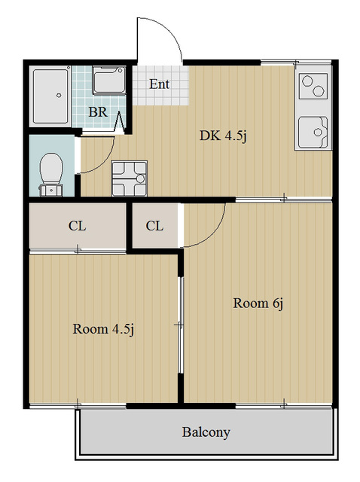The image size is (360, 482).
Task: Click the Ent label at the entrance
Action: [159, 84]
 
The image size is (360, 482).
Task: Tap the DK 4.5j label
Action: [223, 136]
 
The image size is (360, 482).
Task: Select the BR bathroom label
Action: [98, 112]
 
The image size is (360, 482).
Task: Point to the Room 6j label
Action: [258, 304]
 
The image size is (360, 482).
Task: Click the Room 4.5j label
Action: [104, 329]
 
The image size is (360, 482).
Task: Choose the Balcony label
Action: [206, 432]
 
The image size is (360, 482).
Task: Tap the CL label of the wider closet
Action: [77, 226]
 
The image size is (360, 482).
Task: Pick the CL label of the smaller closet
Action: [154, 226]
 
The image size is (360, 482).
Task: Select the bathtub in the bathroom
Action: [50, 96]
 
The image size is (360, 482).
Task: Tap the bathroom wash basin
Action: [109, 80]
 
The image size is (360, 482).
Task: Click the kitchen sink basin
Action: [313, 132]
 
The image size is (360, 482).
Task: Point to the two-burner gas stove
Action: [313, 85]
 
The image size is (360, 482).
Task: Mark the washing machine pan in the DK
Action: [129, 178]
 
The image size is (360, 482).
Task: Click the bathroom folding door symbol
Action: [120, 122]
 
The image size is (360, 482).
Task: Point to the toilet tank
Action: [51, 191]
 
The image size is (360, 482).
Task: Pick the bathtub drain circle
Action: [59, 96]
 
